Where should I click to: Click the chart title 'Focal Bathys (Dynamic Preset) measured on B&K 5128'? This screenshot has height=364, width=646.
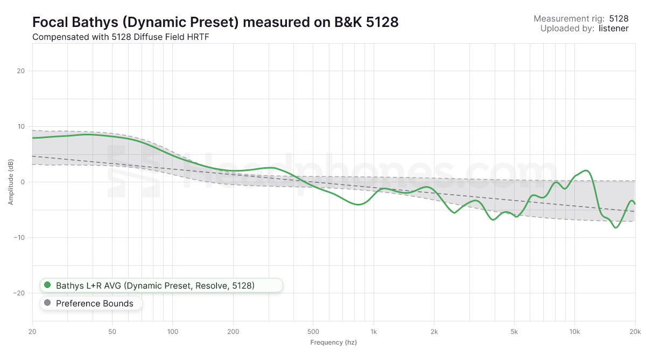click(x=215, y=22)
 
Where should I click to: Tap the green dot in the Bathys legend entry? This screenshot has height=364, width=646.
click(x=47, y=285)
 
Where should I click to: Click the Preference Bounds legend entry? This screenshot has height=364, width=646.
click(x=90, y=304)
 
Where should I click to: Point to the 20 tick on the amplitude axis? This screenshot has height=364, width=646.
click(x=22, y=71)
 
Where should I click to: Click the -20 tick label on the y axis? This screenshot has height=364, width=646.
click(x=20, y=293)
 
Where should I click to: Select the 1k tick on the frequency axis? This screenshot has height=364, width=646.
click(x=373, y=331)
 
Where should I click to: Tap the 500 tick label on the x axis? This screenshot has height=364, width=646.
click(x=313, y=331)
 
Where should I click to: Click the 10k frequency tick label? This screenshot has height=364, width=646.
click(x=574, y=331)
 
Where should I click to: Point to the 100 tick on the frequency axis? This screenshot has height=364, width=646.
click(x=173, y=331)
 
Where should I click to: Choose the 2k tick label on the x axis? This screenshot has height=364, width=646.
click(x=434, y=331)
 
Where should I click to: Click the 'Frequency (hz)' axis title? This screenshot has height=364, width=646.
click(x=333, y=342)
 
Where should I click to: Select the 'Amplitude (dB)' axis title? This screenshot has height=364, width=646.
click(x=11, y=182)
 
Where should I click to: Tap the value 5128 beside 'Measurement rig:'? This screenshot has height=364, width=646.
click(x=619, y=18)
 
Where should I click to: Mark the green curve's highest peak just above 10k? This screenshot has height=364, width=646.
click(x=587, y=170)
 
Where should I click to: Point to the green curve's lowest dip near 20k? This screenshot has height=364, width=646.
click(x=616, y=228)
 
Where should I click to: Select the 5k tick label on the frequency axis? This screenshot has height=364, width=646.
click(x=514, y=331)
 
